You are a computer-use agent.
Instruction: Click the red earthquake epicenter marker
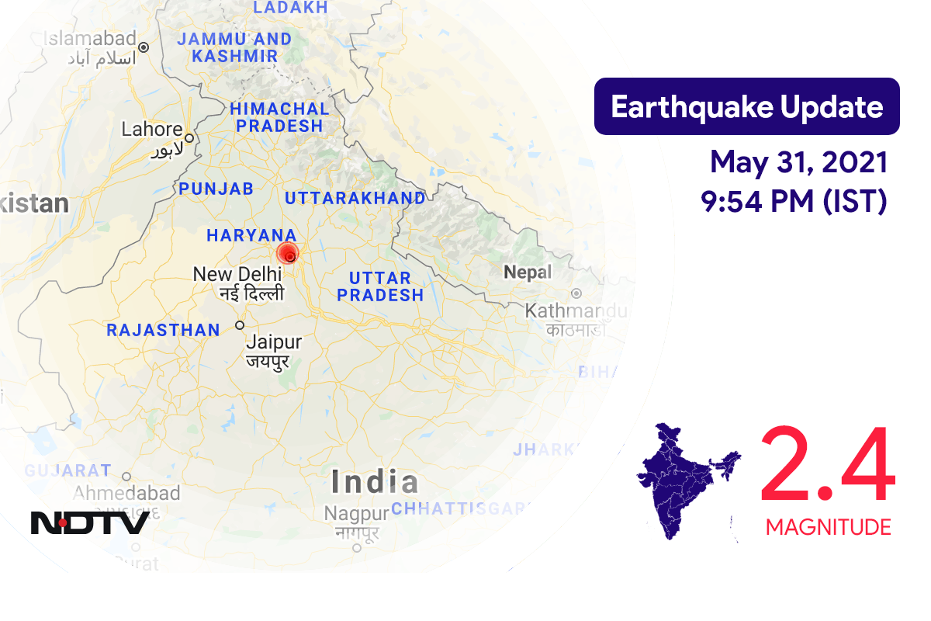[288, 255]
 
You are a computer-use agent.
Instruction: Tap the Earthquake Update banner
[746, 106]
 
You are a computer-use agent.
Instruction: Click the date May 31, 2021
[798, 163]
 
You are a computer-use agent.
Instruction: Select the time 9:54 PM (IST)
[793, 201]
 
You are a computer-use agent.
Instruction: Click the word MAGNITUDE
[828, 528]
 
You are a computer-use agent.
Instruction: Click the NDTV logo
[90, 522]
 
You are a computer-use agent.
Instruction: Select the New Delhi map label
[237, 274]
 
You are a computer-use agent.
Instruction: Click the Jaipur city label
[273, 342]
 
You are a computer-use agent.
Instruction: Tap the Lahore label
[152, 130]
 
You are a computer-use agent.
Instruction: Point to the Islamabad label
[89, 38]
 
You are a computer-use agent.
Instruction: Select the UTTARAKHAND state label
[355, 198]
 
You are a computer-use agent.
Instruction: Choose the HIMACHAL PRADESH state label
[279, 116]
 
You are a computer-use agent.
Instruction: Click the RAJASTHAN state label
[163, 330]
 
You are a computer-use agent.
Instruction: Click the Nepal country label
[528, 272]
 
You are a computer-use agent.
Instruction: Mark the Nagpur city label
[356, 514]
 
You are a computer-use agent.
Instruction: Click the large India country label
[375, 482]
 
